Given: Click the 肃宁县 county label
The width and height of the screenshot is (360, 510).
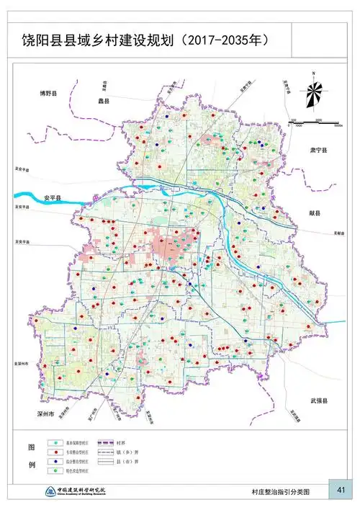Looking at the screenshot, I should (318, 151).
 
